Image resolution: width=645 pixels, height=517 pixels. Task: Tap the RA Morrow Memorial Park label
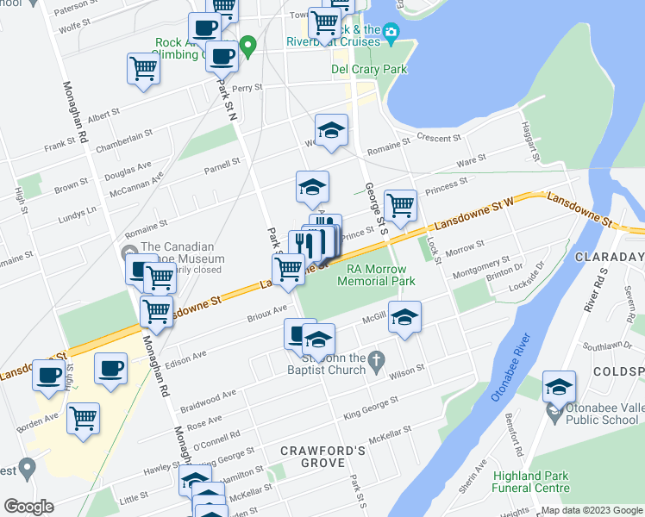click(376, 275)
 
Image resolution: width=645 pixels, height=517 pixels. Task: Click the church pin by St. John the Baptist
click(375, 360)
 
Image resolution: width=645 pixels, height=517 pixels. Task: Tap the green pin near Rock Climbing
click(248, 46)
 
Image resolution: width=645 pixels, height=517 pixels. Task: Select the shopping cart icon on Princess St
click(400, 206)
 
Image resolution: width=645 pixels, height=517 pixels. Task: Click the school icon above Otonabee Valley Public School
click(559, 387)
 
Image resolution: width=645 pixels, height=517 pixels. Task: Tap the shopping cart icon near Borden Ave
click(83, 419)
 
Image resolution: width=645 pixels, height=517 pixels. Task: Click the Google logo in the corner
click(28, 507)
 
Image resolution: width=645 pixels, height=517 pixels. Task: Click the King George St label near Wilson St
click(371, 408)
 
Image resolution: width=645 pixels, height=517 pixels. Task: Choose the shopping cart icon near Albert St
click(143, 70)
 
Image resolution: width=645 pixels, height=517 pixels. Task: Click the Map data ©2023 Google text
click(592, 510)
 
